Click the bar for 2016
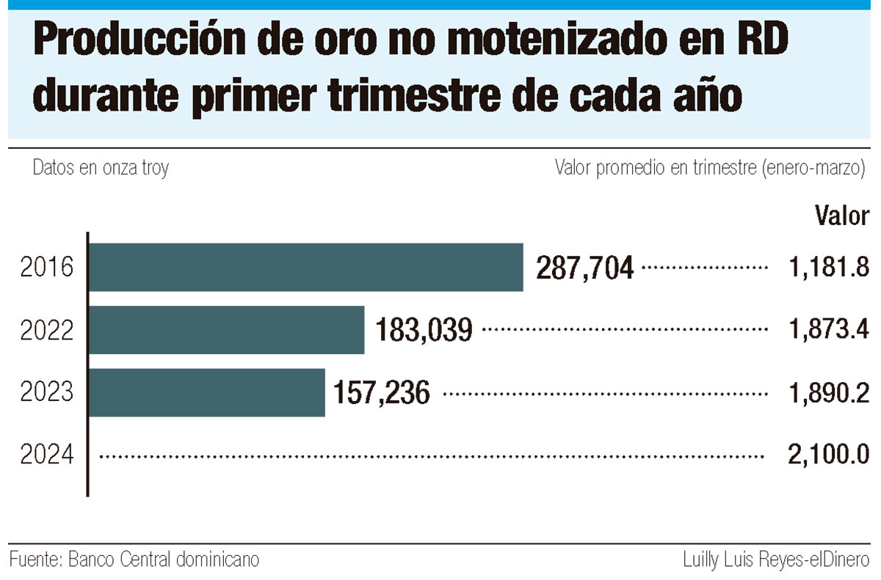coord(305,267)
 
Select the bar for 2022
coord(226,330)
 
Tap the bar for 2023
coord(206,392)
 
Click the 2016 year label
coord(47,268)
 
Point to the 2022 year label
coord(47,331)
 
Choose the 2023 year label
coord(47,393)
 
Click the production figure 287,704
coord(584,268)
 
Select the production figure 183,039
coord(424,331)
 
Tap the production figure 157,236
coord(382,394)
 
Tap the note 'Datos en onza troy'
coord(101,168)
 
